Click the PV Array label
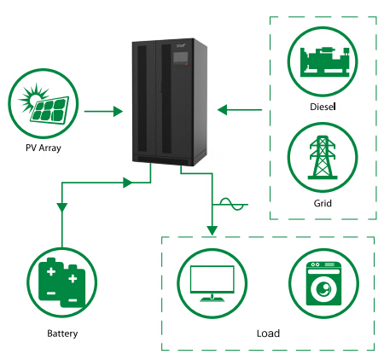coord(44,148)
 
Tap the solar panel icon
coord(44,103)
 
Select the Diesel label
coord(323,107)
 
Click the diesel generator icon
coord(324,61)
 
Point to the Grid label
coord(323,203)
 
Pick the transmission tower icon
coord(323,157)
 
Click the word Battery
coord(62,334)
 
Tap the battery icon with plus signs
coord(62,282)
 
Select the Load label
coord(268,334)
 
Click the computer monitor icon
coord(212,283)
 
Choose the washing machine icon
coord(323,283)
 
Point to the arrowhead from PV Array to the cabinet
coord(118,111)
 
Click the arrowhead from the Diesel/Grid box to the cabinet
coord(223,110)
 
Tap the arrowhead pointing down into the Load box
coord(212,230)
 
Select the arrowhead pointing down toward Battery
coord(62,207)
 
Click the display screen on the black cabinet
coord(181,57)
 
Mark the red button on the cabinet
coord(187,64)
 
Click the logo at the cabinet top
coord(181,45)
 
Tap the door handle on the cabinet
coord(160,87)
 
